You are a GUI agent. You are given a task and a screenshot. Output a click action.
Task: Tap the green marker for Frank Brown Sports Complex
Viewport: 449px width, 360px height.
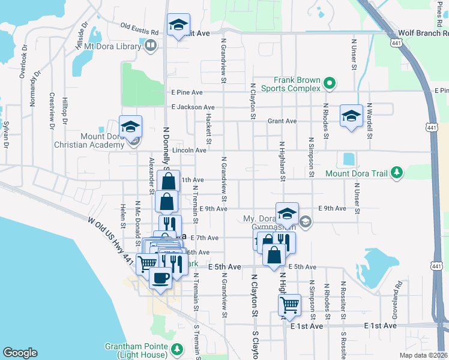[329, 83]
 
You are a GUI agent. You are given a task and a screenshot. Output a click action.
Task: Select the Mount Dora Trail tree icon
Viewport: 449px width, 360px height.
[396, 173]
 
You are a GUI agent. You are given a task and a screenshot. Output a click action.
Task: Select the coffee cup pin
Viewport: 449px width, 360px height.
[160, 278]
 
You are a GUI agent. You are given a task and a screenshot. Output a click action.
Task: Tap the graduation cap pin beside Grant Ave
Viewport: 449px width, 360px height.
[351, 116]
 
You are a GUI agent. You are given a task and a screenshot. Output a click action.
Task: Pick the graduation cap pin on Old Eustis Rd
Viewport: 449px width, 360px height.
[178, 25]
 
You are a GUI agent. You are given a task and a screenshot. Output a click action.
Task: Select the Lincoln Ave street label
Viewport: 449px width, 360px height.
[189, 150]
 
